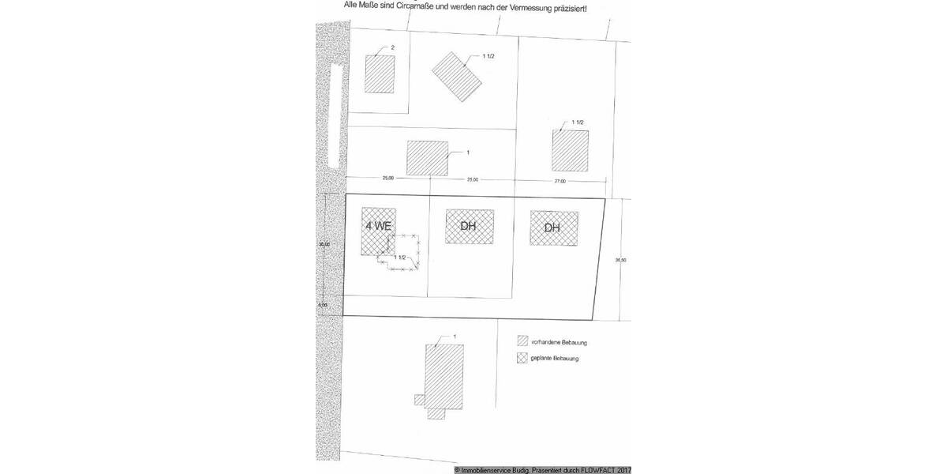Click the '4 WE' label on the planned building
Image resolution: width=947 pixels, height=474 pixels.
click(377, 225)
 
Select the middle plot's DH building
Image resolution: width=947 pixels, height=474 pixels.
click(470, 227)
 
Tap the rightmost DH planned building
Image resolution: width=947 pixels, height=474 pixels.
click(553, 228)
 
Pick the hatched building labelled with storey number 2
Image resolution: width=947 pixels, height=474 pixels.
click(380, 74)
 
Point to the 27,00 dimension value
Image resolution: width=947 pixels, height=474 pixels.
click(561, 181)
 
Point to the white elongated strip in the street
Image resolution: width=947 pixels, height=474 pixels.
click(337, 118)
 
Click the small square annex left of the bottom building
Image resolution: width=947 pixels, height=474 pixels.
click(418, 400)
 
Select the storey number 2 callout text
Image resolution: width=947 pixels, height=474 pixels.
click(392, 48)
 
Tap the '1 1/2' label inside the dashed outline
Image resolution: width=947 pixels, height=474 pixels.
click(400, 258)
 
